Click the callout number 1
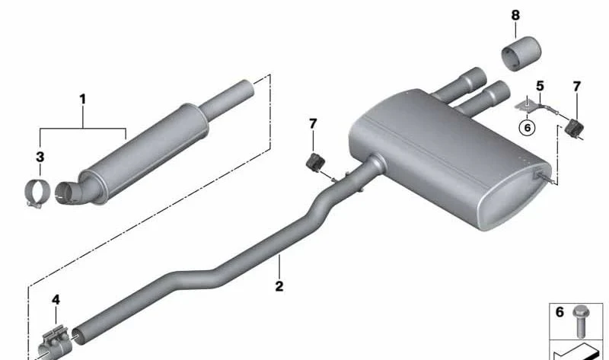point(82,100)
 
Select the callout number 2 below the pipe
point(279,286)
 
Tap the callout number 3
point(40,158)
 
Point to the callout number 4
point(56,300)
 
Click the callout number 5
point(540,86)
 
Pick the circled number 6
point(527,127)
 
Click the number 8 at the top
point(515,15)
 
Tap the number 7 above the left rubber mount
point(313,124)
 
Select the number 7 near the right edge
point(577,87)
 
